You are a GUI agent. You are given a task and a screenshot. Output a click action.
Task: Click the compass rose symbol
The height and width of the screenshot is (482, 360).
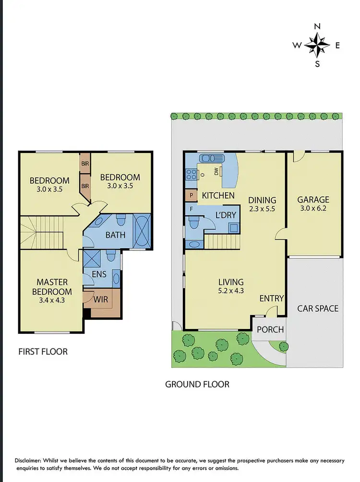317,46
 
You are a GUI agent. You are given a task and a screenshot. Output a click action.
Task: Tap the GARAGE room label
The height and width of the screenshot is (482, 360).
313,200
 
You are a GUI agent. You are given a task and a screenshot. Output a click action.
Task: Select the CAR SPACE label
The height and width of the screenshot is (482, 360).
317,308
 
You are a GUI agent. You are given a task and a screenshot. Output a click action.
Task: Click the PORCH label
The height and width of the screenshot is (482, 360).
270,329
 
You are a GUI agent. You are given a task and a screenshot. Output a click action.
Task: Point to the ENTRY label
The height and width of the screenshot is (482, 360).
272,298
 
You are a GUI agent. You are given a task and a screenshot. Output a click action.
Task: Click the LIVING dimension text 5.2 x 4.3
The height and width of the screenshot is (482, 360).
231,290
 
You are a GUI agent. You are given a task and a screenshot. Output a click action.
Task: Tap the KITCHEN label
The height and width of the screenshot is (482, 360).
218,195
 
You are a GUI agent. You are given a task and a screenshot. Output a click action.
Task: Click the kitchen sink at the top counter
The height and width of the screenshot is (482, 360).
211,158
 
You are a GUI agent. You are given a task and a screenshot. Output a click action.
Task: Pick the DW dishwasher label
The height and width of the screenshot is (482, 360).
216,171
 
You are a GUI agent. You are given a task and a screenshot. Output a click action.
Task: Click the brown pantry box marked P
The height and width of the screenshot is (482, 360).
191,196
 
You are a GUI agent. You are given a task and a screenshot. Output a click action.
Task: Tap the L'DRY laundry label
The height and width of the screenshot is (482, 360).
226,215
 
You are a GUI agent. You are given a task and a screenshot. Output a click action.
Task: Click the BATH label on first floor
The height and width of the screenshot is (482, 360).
115,235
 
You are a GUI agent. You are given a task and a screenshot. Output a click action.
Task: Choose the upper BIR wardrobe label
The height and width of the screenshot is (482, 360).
85,164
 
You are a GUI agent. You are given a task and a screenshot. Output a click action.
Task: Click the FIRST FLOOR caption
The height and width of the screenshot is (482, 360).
43,352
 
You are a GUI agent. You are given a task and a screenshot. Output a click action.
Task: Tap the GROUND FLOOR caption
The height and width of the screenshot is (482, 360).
197,384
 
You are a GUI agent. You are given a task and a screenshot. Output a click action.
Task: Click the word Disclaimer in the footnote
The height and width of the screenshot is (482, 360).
30,460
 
